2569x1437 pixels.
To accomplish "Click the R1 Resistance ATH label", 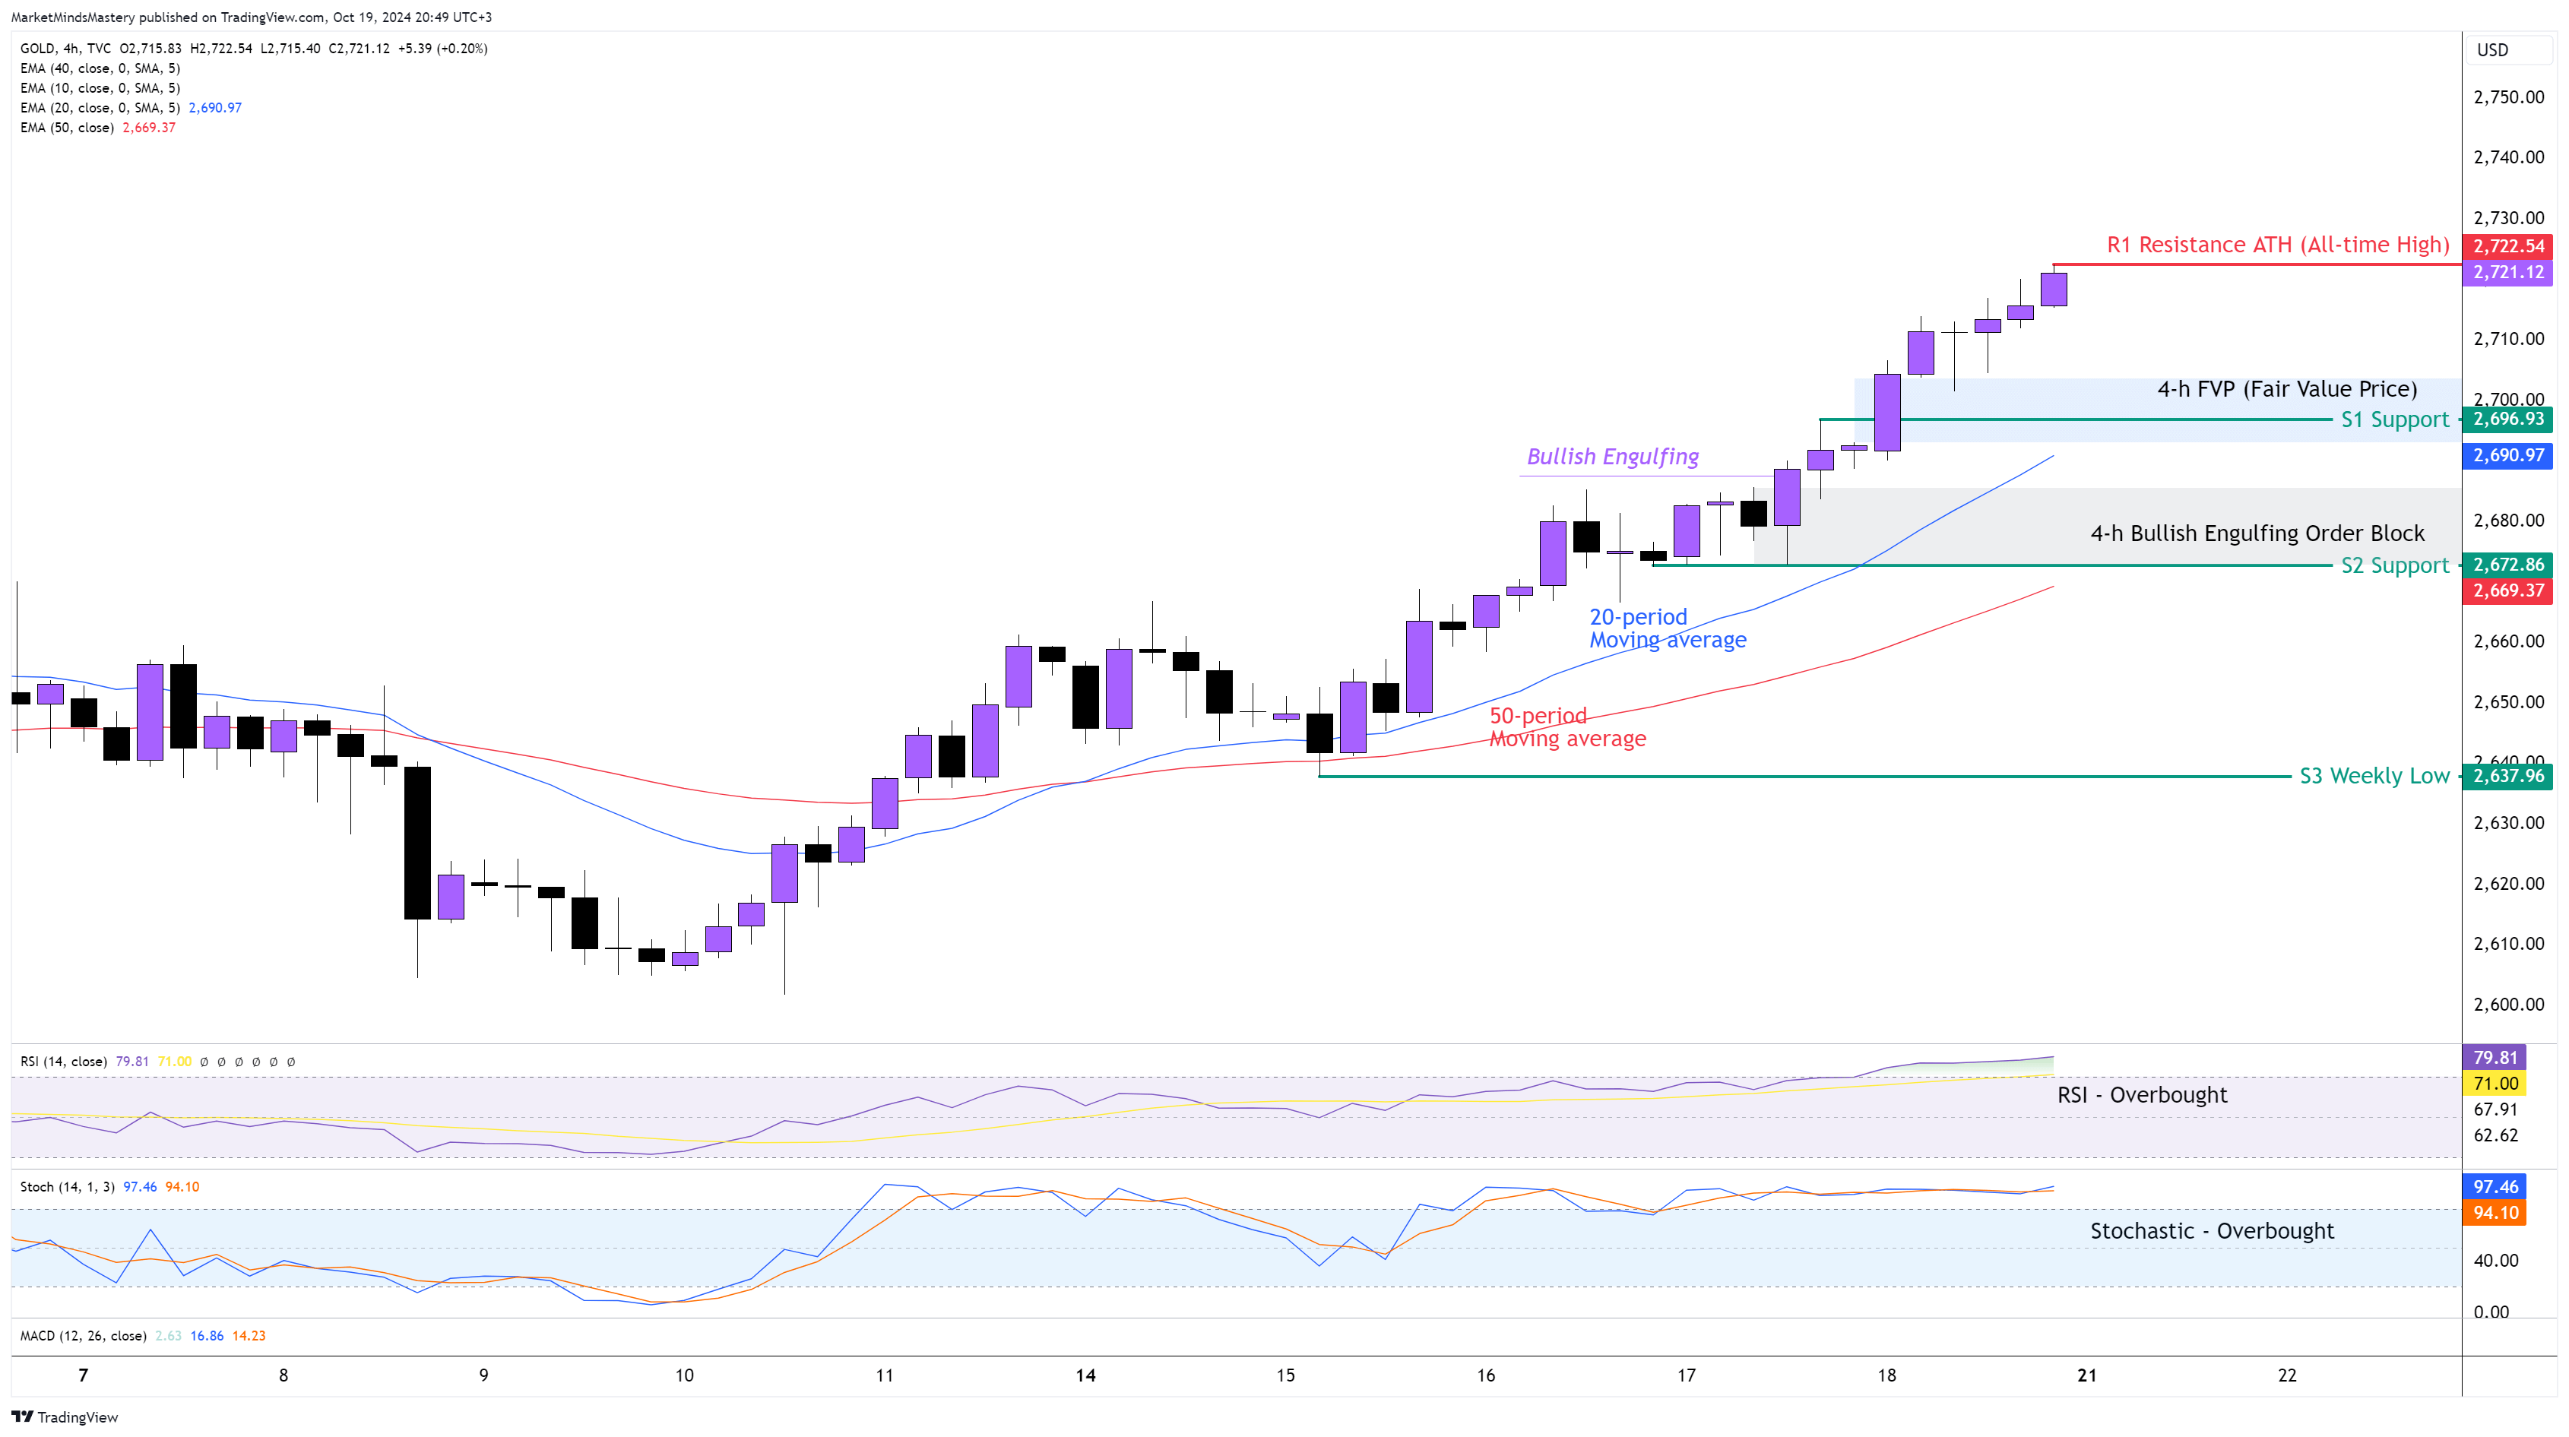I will [x=2277, y=245].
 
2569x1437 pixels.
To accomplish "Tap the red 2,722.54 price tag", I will [x=2507, y=246].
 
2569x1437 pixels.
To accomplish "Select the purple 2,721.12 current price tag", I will [x=2507, y=272].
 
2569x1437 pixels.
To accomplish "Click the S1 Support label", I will [x=2393, y=419].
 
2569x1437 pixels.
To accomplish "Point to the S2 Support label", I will [x=2393, y=565].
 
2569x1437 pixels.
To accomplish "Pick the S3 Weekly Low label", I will [x=2374, y=776].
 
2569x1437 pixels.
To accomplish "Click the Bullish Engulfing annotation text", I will [x=1613, y=457].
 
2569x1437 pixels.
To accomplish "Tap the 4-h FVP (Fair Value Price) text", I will [x=2287, y=389].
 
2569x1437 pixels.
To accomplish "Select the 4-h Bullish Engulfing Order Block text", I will [x=2257, y=533].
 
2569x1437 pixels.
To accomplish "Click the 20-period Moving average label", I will [x=1667, y=628].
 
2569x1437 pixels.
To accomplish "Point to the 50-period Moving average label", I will [x=1566, y=727].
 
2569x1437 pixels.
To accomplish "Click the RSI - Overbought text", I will [x=2141, y=1095].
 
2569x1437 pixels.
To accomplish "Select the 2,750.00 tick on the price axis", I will [x=2508, y=97].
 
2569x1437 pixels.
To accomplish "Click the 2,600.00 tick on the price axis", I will [x=2508, y=1004].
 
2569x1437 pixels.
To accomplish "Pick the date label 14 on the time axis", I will [x=1085, y=1375].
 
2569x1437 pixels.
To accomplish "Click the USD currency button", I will [x=2492, y=50].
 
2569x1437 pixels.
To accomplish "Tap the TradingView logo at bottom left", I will [x=65, y=1417].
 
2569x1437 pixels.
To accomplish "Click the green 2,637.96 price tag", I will [x=2507, y=776].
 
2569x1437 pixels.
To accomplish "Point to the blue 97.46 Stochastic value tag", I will [x=2495, y=1187].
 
